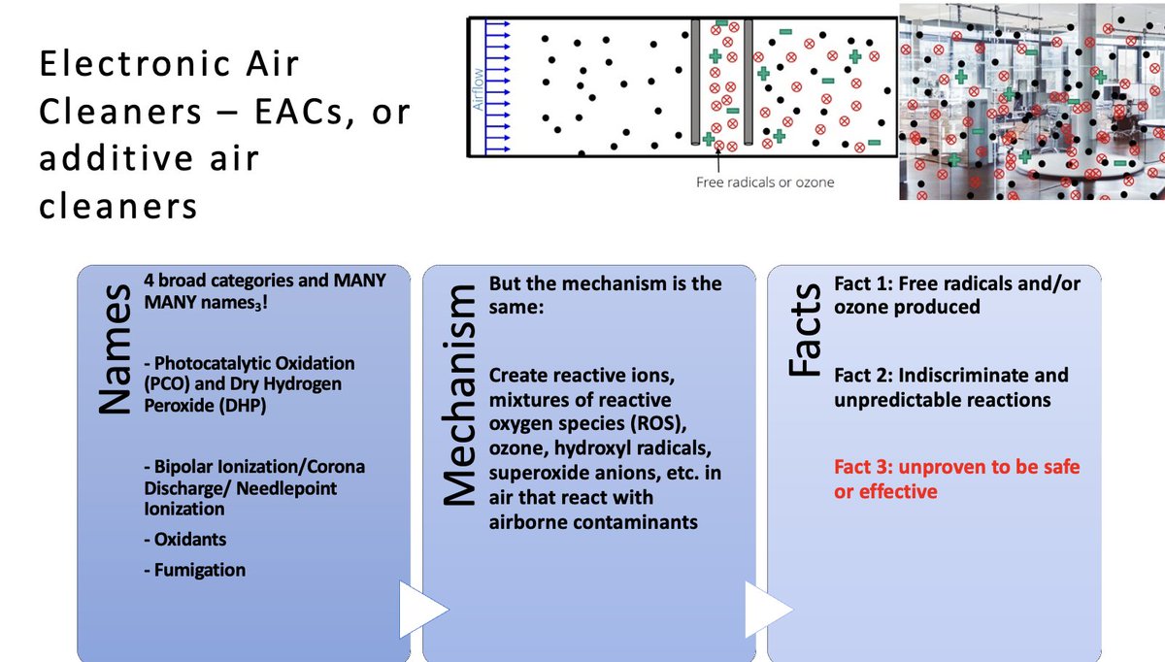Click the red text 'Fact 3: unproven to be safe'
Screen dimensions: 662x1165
[x=956, y=467]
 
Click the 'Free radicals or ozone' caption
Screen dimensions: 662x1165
[x=764, y=182]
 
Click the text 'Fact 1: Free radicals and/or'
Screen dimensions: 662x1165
[x=956, y=283]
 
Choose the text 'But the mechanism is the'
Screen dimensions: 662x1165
[x=605, y=283]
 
